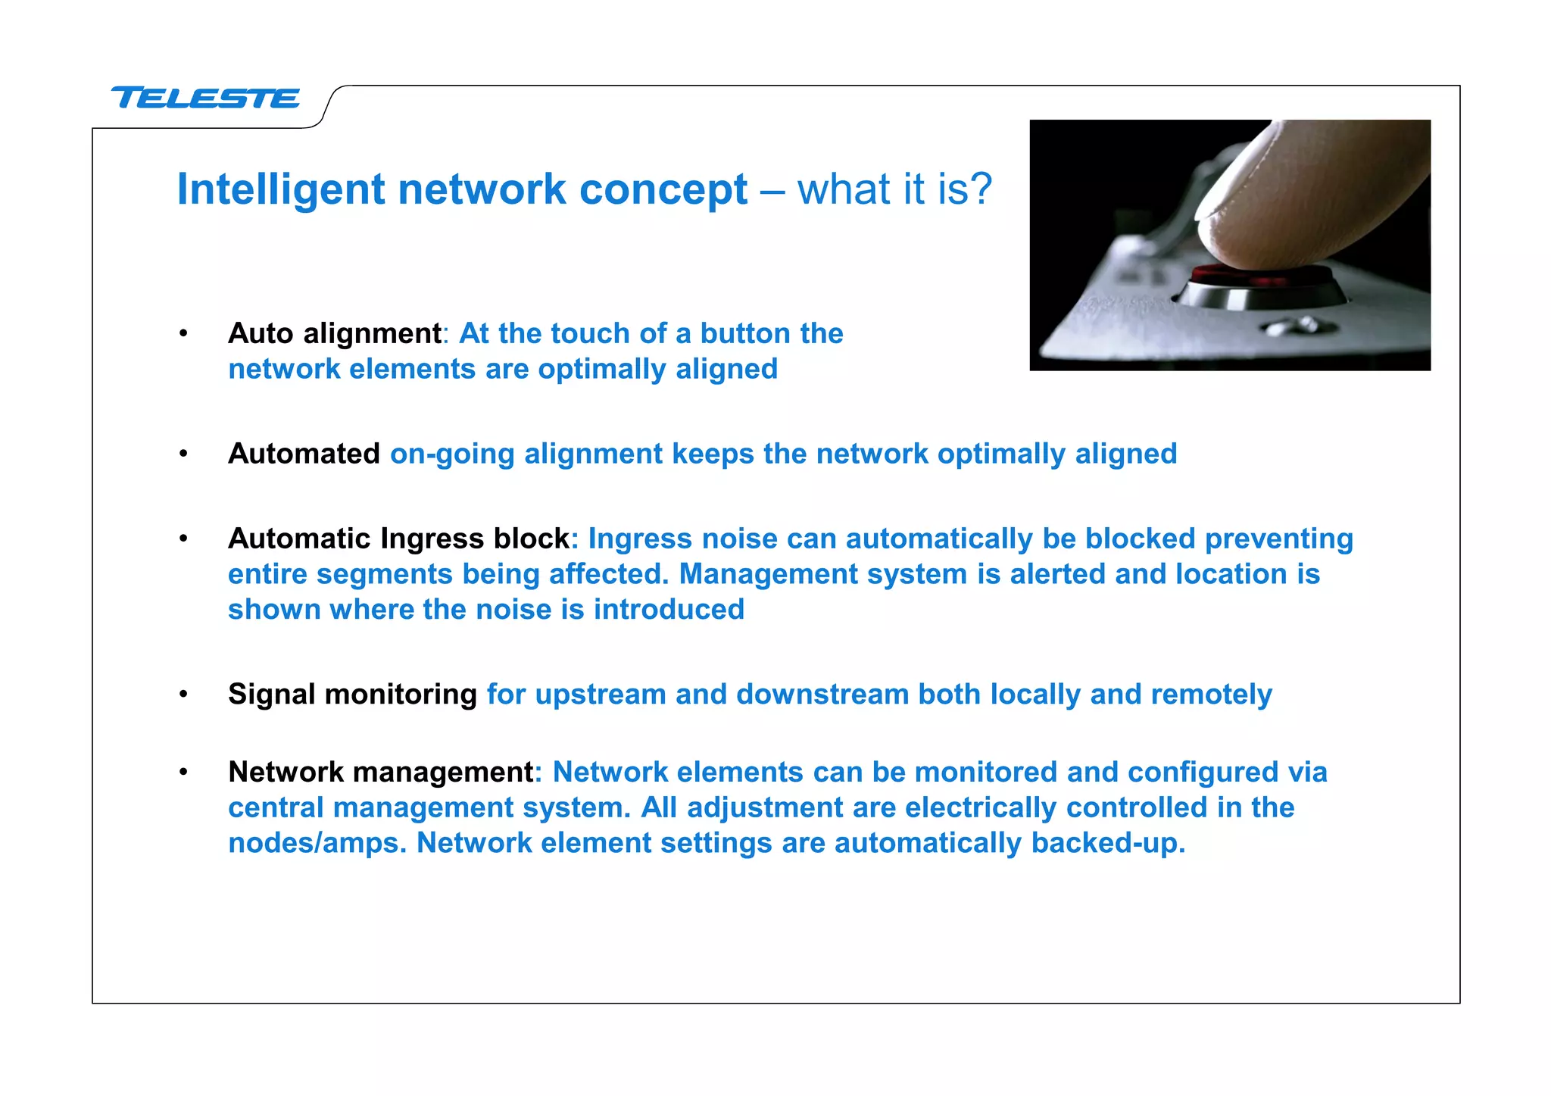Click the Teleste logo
pyautogui.click(x=205, y=98)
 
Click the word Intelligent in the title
pyautogui.click(x=280, y=189)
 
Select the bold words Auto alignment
pyautogui.click(x=334, y=333)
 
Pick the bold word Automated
pyautogui.click(x=304, y=454)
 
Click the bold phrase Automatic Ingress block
pyautogui.click(x=398, y=539)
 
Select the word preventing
pyautogui.click(x=1278, y=539)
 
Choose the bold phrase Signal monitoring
pyautogui.click(x=352, y=695)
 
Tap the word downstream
pyautogui.click(x=822, y=695)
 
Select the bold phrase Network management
pyautogui.click(x=381, y=772)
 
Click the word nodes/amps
pyautogui.click(x=317, y=843)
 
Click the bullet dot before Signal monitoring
pyautogui.click(x=183, y=695)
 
